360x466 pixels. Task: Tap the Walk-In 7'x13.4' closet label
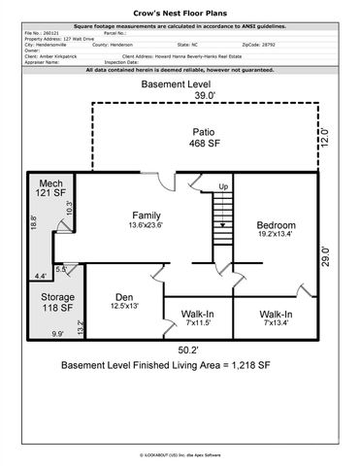[x=277, y=319]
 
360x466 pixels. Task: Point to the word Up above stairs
[x=222, y=185]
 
